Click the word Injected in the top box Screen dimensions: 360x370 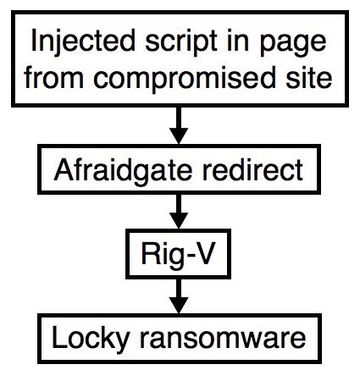click(83, 41)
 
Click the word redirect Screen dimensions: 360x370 click(252, 169)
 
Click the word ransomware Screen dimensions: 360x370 click(223, 340)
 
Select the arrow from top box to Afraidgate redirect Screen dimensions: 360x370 click(179, 125)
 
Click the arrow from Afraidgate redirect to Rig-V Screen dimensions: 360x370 click(179, 212)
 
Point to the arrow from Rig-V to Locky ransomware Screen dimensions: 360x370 click(179, 296)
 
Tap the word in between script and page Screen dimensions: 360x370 click(238, 41)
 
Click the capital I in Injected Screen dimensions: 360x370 click(34, 41)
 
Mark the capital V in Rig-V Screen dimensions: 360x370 click(204, 253)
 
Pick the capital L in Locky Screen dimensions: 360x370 click(59, 337)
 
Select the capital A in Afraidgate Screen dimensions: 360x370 click(64, 169)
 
